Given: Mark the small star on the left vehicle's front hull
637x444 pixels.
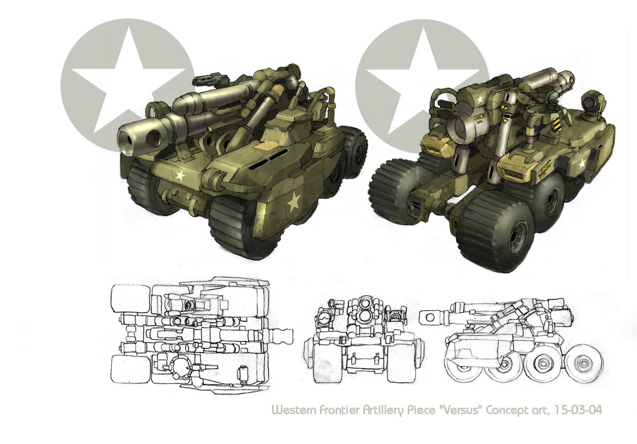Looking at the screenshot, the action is (181, 175).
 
